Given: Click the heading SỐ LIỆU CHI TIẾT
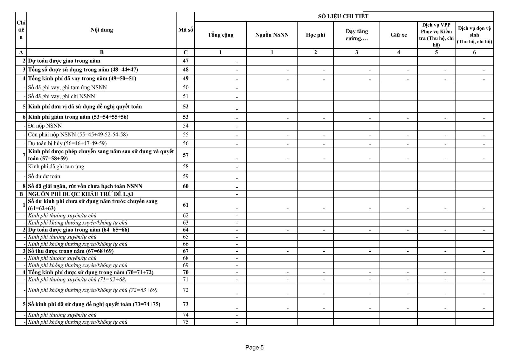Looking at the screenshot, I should coord(343,17).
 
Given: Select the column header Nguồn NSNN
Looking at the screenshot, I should coord(272,35).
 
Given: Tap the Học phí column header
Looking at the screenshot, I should coord(315,35).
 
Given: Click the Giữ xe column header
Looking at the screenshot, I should coord(398,35).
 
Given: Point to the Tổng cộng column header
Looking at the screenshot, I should coord(220,35).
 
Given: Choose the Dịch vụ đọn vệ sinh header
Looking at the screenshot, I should coord(474,35).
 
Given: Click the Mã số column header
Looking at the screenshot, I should coord(185,30).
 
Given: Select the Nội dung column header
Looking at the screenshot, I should coord(101,30).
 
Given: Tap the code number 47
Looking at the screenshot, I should coord(185,61).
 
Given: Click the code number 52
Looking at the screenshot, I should coord(185,107).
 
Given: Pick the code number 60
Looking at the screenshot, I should coord(185,186).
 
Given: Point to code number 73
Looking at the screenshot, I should coord(185,304).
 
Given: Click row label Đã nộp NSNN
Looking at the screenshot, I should coord(45,126).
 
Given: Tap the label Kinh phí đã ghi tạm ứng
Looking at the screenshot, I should coord(56,166).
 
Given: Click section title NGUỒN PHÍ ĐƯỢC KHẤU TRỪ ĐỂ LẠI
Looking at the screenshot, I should coord(80,194).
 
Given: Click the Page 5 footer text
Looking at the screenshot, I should coord(254,348).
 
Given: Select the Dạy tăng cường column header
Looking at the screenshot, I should coord(357,35).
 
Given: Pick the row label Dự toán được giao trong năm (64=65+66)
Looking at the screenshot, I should coord(79,230).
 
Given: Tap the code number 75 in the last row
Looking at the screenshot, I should coord(185,322).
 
